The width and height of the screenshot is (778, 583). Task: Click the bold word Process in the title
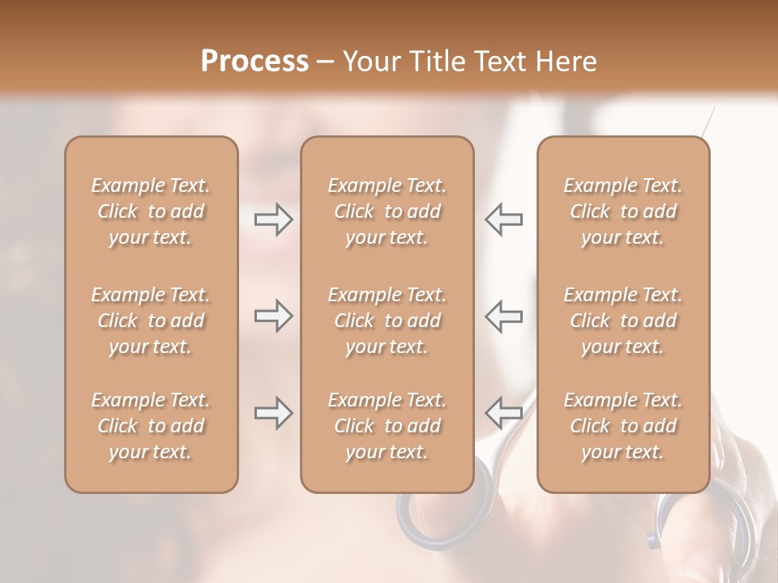(x=254, y=62)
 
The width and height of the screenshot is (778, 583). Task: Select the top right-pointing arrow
(x=273, y=219)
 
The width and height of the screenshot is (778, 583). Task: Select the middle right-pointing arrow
(x=273, y=316)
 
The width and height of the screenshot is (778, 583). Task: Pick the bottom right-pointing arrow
(x=273, y=413)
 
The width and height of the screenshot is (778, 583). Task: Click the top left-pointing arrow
(x=503, y=219)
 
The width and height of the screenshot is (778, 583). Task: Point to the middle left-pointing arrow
(x=503, y=316)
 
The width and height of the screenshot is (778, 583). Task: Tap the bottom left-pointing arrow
(x=503, y=413)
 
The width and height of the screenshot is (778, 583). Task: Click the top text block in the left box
(x=151, y=211)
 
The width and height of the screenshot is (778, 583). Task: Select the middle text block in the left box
(x=151, y=321)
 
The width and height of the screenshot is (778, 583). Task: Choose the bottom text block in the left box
(x=151, y=426)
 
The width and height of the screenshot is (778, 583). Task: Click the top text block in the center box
(x=387, y=211)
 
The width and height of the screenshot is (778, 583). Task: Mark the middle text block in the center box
(x=387, y=321)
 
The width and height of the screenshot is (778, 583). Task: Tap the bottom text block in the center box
(x=387, y=426)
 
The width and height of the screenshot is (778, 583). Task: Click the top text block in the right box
(x=622, y=211)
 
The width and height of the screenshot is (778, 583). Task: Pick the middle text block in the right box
(x=622, y=321)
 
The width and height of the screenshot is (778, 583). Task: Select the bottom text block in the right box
(x=622, y=426)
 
